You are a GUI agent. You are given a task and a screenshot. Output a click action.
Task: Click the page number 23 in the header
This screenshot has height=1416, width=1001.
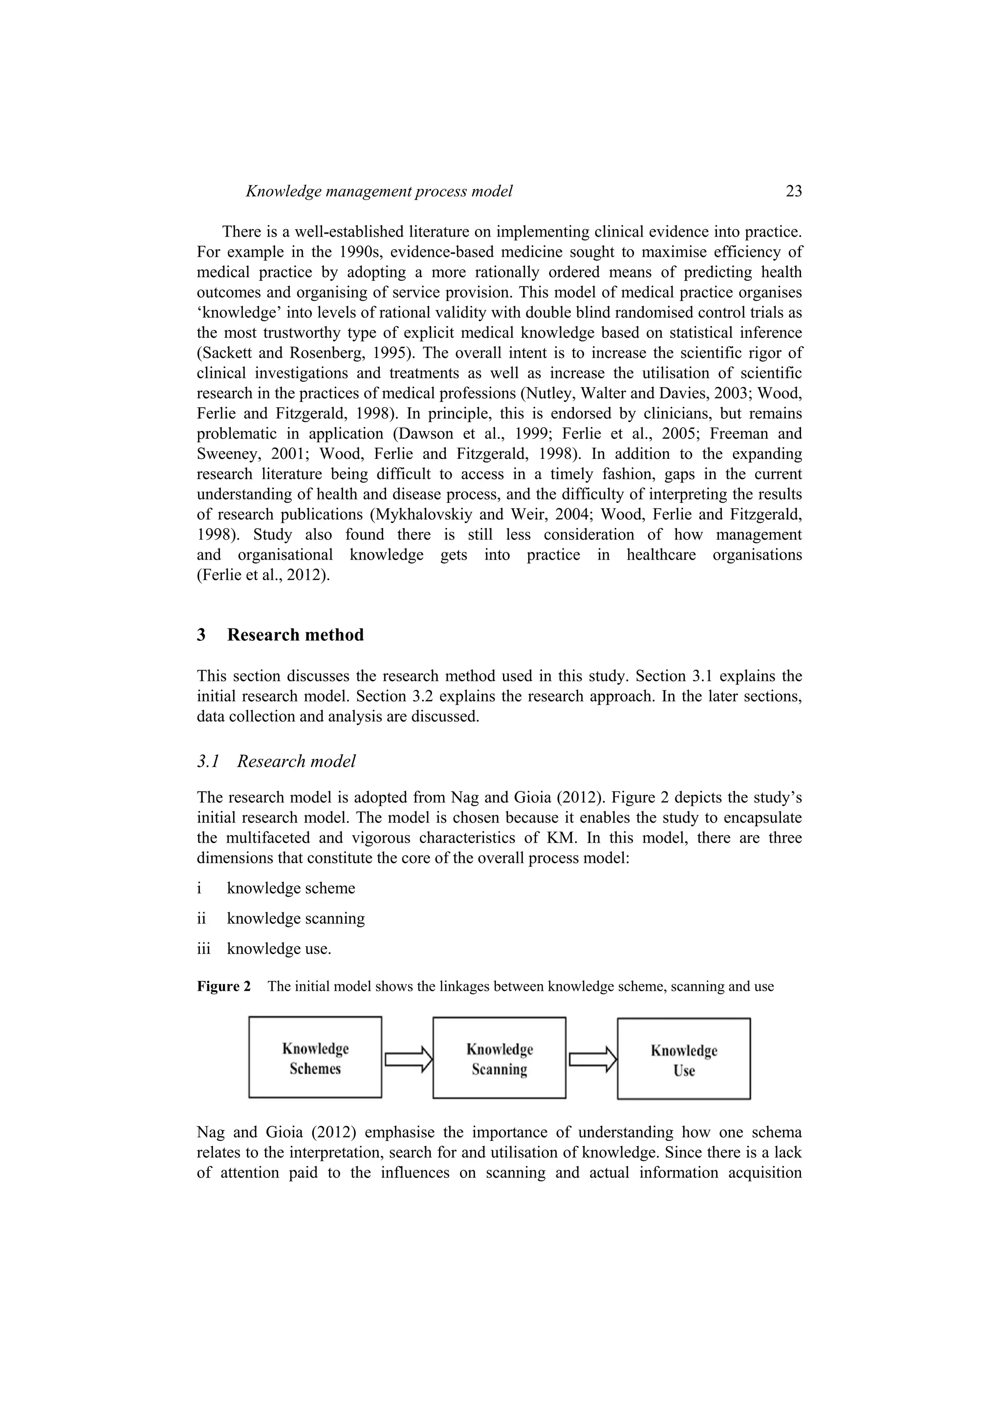coord(793,191)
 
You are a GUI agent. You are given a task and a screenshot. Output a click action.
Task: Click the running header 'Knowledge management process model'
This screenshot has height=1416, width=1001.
coord(379,191)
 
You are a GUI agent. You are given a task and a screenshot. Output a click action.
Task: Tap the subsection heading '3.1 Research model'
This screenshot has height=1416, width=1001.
coord(276,761)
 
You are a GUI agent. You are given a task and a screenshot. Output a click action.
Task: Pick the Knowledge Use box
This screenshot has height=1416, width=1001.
coord(683,1059)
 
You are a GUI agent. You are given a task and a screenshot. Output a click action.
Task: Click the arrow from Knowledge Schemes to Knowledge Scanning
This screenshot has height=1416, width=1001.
coord(408,1059)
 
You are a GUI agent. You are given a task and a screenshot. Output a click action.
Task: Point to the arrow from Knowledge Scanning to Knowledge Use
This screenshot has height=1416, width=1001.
coord(592,1059)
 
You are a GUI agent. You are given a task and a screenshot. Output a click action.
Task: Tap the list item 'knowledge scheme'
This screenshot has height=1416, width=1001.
coord(290,888)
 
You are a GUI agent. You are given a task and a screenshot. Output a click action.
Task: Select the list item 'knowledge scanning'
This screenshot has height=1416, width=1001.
coord(295,918)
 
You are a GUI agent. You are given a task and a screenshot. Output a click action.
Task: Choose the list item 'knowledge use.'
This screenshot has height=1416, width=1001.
coord(279,949)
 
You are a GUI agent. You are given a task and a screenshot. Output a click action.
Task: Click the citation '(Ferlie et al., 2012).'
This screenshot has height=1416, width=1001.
coord(263,575)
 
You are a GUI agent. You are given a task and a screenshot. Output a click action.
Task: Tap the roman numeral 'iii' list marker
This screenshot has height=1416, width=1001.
coord(203,949)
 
